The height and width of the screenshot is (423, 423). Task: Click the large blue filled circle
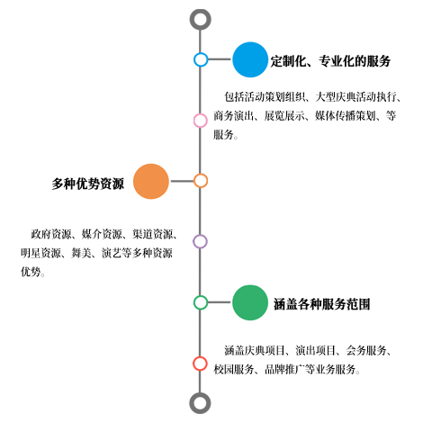coord(250,59)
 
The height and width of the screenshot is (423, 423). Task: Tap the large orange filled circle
coord(151,181)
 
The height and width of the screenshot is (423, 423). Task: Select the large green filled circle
coord(250,302)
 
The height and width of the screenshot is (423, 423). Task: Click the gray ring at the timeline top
coord(200,20)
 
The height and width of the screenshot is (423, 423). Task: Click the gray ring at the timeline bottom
coord(200,403)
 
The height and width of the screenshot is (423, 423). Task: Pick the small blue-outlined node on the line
coord(201,59)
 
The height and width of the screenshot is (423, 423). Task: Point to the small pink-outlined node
coord(201,121)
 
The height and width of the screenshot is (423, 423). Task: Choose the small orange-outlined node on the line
coord(201,181)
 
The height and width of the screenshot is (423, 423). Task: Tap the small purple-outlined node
coord(200,241)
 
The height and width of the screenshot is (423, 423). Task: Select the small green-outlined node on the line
coord(201,302)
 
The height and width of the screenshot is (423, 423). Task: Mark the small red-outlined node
coord(200,364)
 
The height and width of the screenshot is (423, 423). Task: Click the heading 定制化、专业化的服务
coord(330,61)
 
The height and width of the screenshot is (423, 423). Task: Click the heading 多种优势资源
coord(87,184)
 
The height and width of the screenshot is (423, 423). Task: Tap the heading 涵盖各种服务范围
coord(321,304)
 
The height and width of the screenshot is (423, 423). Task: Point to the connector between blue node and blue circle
coord(220,59)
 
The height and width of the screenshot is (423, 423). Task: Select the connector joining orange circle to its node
coord(181,181)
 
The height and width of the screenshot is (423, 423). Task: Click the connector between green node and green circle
coord(220,302)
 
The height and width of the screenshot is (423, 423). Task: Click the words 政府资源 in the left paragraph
coord(51,234)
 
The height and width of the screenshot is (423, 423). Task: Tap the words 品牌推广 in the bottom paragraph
coord(284,369)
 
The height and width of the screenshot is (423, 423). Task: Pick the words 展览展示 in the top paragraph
coord(284,116)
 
